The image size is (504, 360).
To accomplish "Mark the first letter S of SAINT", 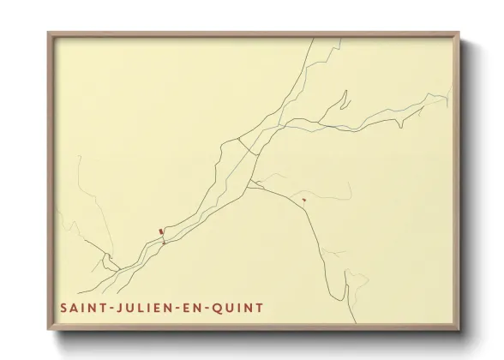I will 64,307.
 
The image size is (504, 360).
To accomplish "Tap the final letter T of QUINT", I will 259,307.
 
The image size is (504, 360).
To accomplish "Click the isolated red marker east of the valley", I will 304,200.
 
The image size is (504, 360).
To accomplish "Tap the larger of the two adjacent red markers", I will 159,231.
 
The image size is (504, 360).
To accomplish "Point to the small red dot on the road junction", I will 164,243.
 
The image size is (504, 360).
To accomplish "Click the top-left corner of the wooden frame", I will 49,34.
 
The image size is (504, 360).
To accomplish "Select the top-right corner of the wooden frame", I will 459,34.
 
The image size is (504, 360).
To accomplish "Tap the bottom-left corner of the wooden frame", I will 49,330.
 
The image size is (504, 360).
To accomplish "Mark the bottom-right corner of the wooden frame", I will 459,330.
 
